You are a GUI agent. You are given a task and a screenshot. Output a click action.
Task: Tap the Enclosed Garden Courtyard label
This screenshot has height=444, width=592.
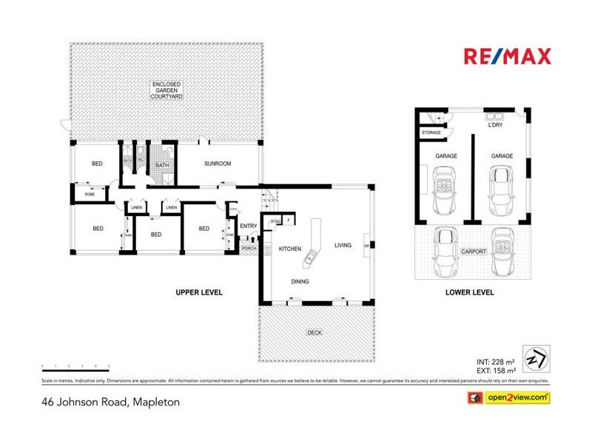point(167,91)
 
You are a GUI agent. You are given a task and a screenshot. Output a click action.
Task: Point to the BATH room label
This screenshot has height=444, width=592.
point(161,165)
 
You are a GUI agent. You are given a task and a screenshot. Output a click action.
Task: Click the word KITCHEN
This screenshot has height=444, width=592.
point(290,249)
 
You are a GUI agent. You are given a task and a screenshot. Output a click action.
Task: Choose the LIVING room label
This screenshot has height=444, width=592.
point(343,245)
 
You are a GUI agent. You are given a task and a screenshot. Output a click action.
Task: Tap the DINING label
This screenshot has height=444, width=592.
point(300,281)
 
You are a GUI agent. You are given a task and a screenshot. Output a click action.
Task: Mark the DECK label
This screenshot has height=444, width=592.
point(314,333)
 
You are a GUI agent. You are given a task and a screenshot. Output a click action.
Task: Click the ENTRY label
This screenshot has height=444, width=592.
point(248,226)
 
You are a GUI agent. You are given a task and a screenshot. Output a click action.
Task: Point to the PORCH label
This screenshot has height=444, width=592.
point(248,249)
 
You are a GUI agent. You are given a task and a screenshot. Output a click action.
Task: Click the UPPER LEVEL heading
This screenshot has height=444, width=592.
point(199,292)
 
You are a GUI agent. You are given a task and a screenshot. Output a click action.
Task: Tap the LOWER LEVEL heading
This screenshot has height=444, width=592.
point(469,292)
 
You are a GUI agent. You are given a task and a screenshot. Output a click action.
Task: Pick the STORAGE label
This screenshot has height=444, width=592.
point(431,132)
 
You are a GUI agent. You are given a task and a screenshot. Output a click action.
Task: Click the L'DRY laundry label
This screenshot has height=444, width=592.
point(496,126)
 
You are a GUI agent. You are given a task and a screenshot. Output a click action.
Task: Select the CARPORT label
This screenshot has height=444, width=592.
point(474,252)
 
